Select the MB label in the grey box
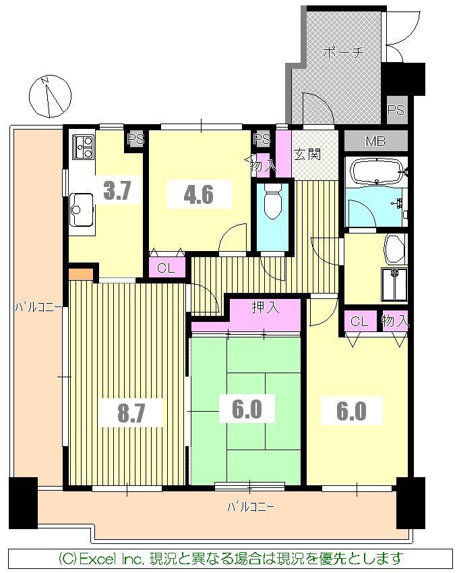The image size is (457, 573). click(375, 142)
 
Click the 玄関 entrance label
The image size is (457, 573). click(307, 155)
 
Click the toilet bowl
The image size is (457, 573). click(272, 202)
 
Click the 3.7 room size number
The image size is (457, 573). click(117, 191)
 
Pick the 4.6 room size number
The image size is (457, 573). click(199, 194)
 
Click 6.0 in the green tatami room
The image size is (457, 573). click(245, 409)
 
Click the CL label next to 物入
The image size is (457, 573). click(359, 321)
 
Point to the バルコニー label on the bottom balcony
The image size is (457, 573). click(249, 506)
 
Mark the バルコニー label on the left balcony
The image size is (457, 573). click(38, 307)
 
